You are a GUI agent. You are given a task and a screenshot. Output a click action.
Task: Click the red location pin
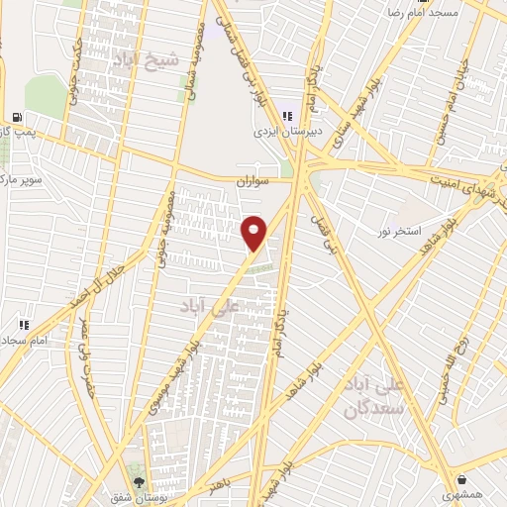coord(255,232)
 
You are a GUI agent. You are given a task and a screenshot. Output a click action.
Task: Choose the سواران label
coord(253,182)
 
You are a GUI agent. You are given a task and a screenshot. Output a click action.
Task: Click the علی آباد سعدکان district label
coord(370,393)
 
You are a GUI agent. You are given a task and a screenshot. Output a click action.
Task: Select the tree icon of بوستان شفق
coord(138,467)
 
